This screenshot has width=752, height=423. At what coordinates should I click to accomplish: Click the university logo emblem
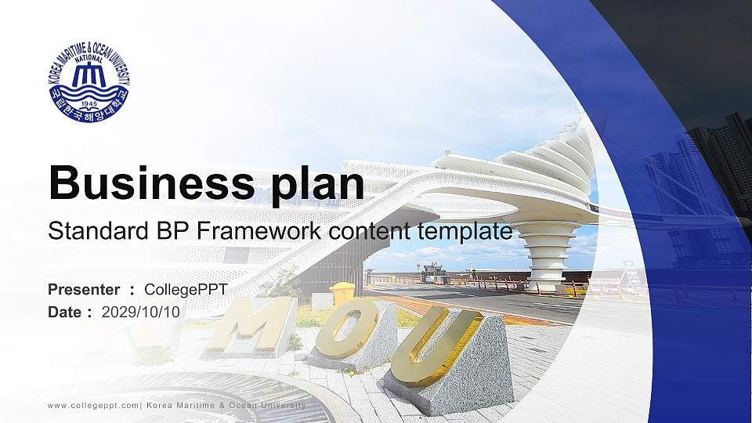89,83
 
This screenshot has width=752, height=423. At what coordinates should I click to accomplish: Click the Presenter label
84,290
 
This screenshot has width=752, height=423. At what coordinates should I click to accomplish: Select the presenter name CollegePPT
186,290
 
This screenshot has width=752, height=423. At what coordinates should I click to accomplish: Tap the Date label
66,312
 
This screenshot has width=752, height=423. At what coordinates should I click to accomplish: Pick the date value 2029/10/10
141,312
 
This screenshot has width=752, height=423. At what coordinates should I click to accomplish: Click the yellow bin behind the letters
342,294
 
